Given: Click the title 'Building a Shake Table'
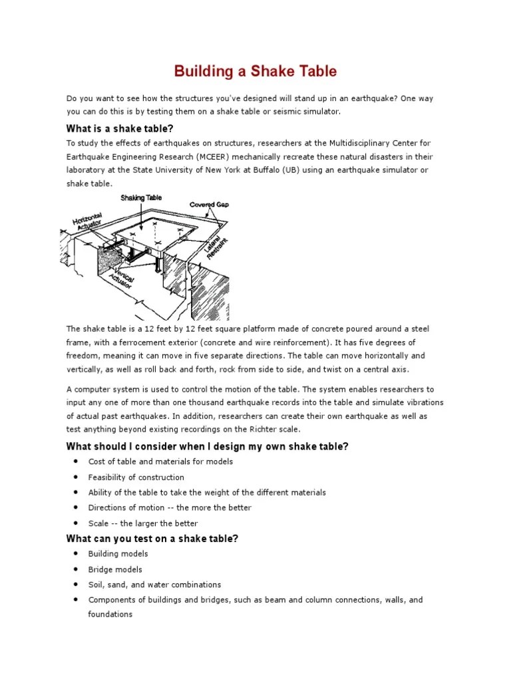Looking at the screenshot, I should point(255,71).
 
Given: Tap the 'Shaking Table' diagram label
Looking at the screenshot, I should point(141,198).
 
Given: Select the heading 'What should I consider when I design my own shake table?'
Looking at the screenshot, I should point(207,446).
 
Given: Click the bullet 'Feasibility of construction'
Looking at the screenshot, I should point(136,477).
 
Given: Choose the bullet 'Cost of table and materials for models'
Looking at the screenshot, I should point(160,462).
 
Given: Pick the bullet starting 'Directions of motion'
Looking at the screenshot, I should point(170,507).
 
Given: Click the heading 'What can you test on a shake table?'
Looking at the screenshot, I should point(152,539).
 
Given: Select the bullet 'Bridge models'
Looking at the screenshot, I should point(115,569).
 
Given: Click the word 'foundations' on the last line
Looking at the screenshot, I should point(110,614).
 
